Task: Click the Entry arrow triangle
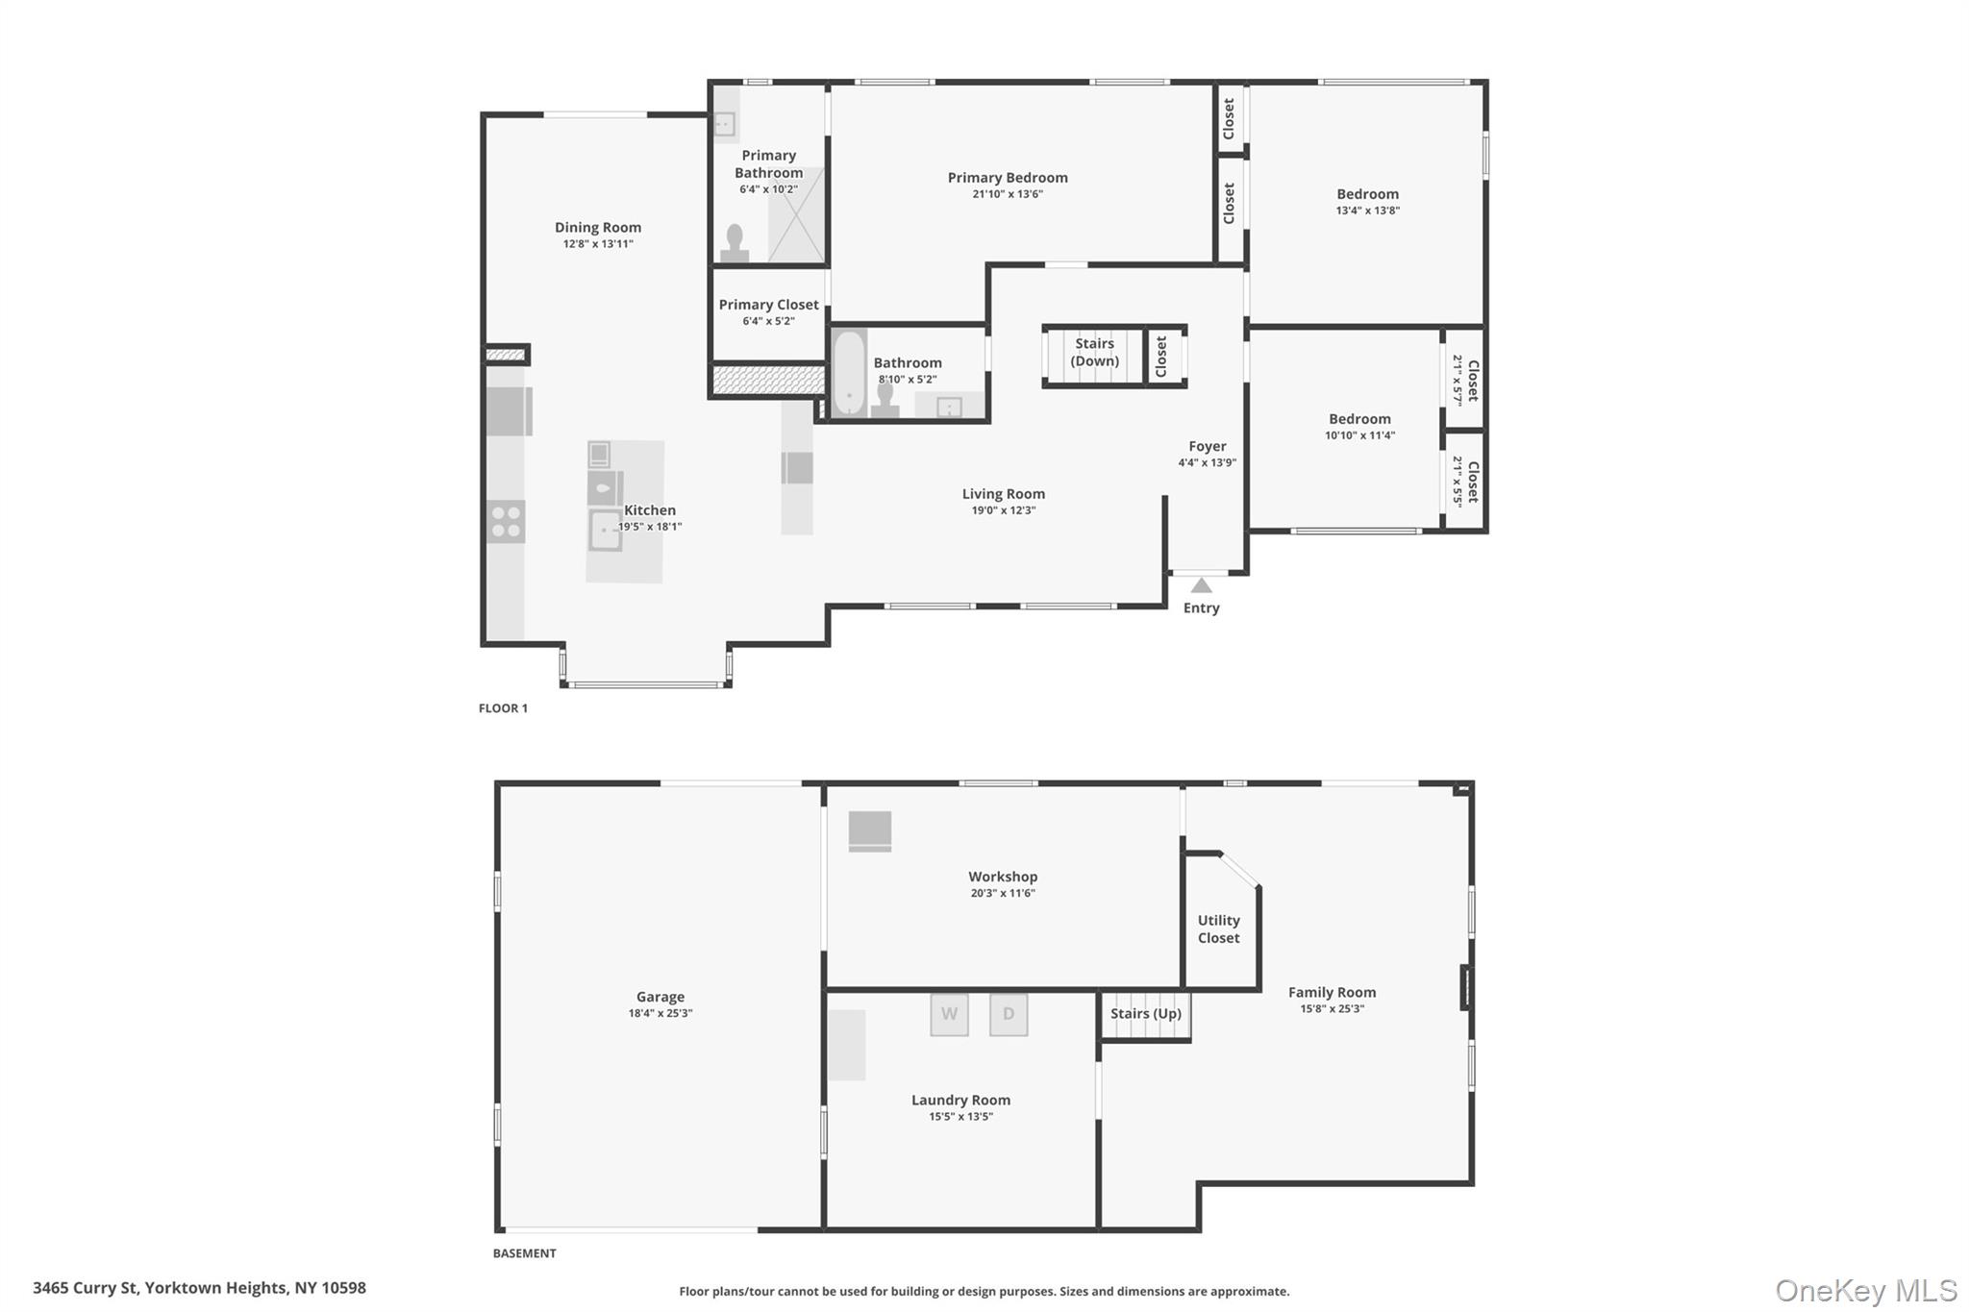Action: point(1201,585)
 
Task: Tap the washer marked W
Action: point(949,1014)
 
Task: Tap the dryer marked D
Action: point(1009,1014)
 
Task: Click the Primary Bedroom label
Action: point(1007,178)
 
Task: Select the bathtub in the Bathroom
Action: point(848,373)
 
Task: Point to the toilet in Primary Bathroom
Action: point(735,243)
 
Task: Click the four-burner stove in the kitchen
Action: point(506,522)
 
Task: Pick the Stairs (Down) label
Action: point(1094,352)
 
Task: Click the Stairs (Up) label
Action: point(1145,1013)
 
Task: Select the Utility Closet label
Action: point(1218,928)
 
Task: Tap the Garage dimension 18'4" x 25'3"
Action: point(660,1013)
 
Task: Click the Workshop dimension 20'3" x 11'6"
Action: point(1002,893)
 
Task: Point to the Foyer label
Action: point(1207,446)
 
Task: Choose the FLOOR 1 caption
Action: point(503,708)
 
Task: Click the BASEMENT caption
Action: point(524,1253)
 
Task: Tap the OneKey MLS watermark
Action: point(1865,1290)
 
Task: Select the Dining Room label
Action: point(597,228)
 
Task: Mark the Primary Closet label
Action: point(768,305)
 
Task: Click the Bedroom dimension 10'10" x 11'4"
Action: point(1359,435)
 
